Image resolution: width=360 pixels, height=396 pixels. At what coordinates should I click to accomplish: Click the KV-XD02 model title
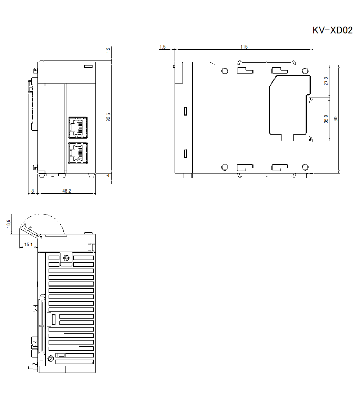pyautogui.click(x=332, y=30)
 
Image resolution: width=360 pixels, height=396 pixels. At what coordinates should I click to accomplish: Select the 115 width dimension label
pyautogui.click(x=244, y=47)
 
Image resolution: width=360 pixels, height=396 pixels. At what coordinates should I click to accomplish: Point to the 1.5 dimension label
pyautogui.click(x=162, y=47)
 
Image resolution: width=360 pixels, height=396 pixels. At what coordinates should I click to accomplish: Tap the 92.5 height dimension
pyautogui.click(x=108, y=117)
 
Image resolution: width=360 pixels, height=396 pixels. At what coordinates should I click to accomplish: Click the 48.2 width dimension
pyautogui.click(x=67, y=191)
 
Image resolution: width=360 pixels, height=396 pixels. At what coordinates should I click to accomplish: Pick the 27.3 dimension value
pyautogui.click(x=326, y=81)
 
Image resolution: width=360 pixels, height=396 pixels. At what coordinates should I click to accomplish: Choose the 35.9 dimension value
pyautogui.click(x=326, y=119)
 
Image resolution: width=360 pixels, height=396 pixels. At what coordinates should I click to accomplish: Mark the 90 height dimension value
pyautogui.click(x=336, y=119)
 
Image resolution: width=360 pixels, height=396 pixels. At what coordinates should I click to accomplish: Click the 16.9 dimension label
pyautogui.click(x=9, y=224)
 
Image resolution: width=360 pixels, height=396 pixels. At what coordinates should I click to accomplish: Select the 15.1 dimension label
pyautogui.click(x=28, y=244)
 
